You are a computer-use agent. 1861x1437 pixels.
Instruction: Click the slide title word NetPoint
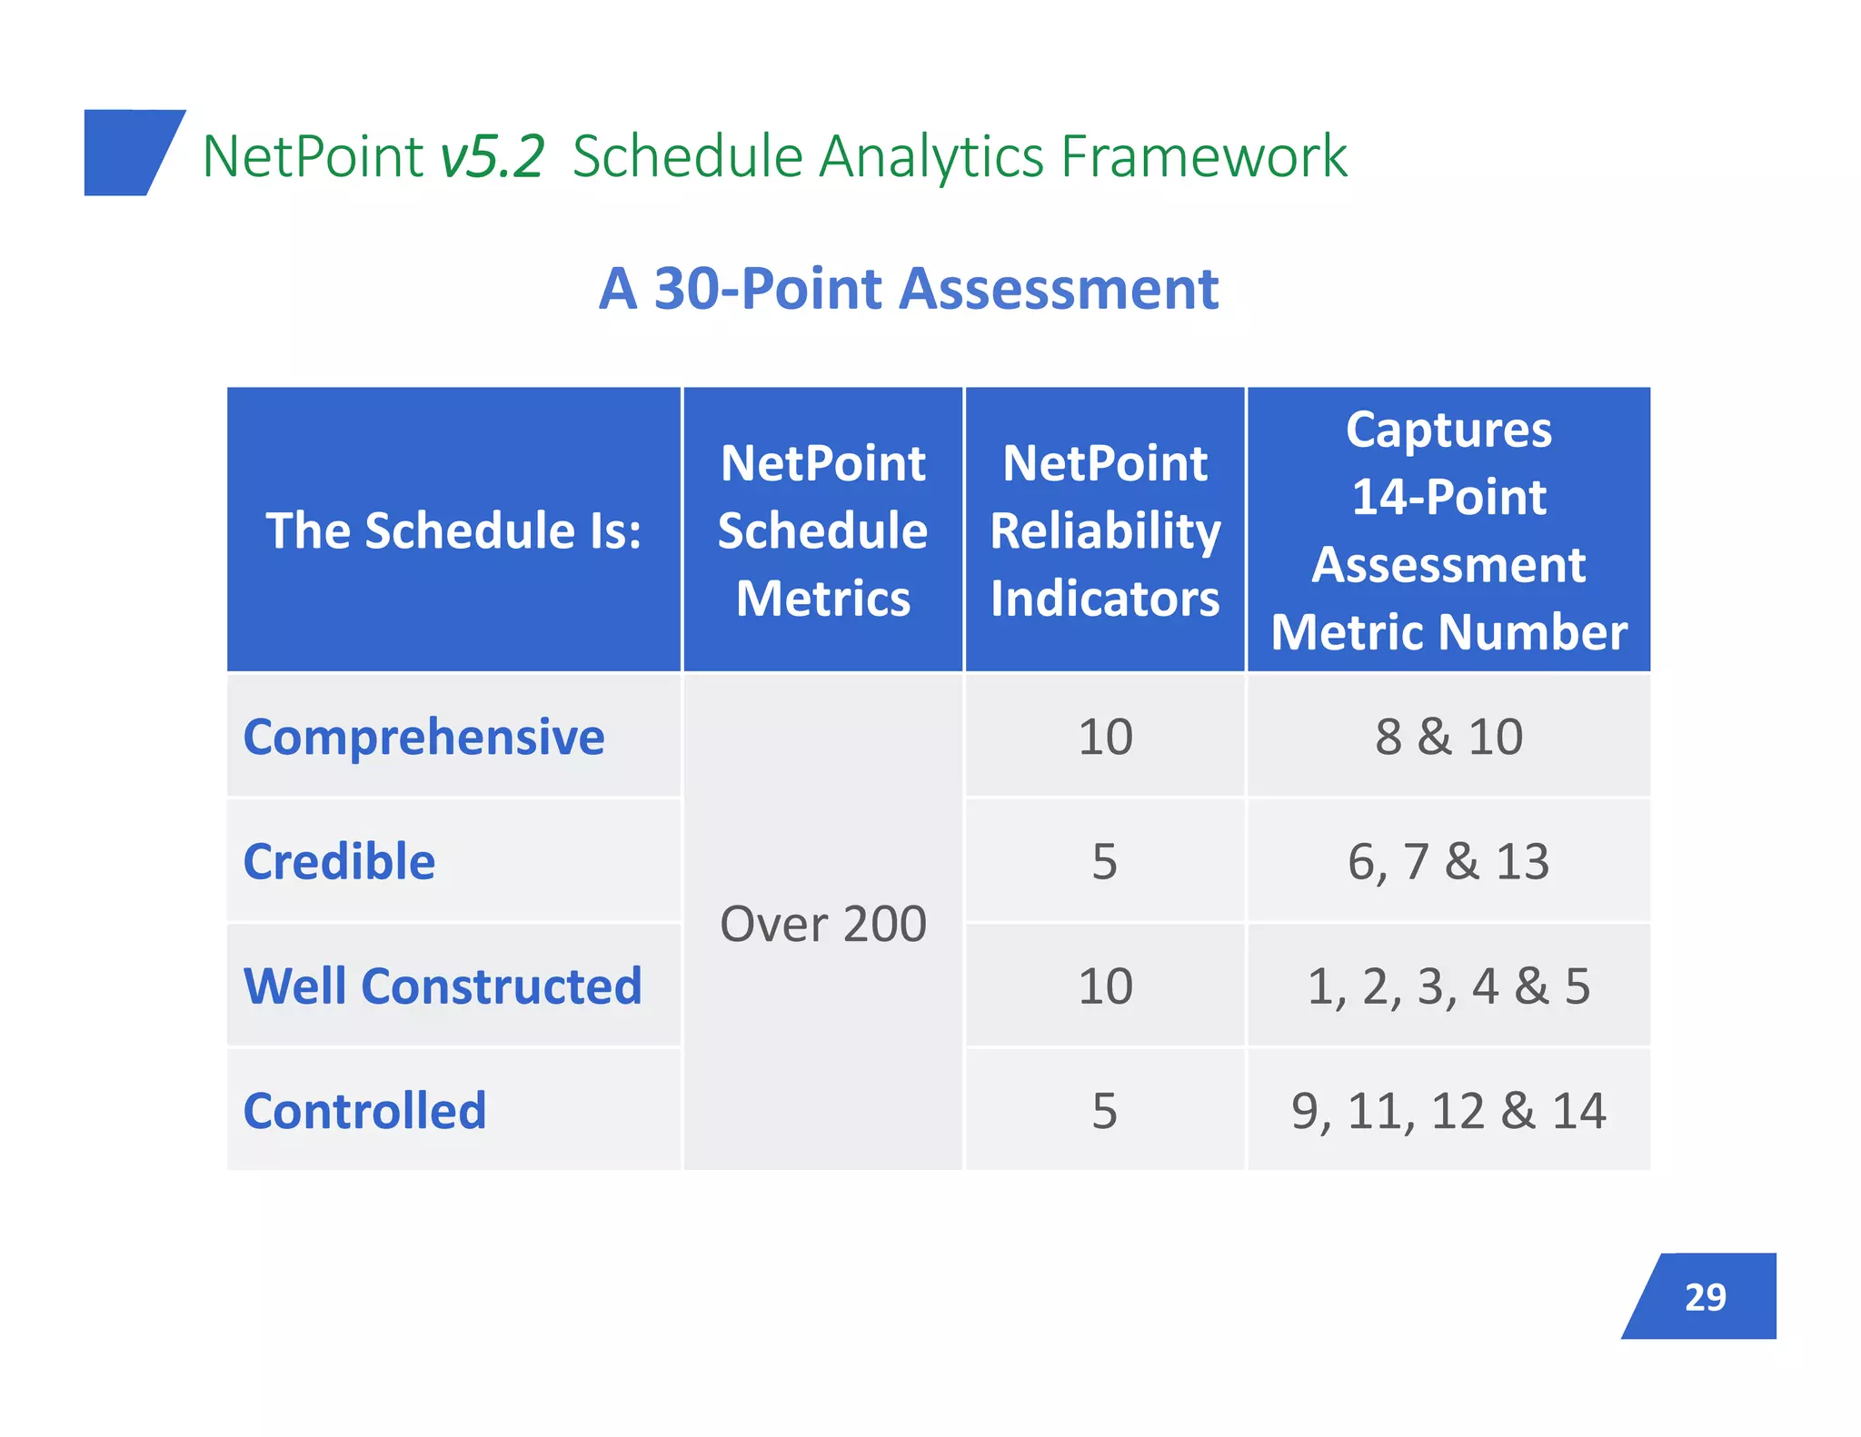point(312,156)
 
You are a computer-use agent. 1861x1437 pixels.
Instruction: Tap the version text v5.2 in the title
point(492,156)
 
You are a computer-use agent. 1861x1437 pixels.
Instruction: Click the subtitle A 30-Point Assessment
point(908,289)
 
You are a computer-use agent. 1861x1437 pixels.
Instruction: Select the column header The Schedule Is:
point(453,530)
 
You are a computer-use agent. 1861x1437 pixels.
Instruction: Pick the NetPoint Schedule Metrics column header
point(822,530)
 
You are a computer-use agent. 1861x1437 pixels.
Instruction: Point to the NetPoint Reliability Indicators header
point(1104,530)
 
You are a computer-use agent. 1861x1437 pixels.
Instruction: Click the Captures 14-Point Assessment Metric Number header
point(1448,530)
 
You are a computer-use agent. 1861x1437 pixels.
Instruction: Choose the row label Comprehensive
point(423,737)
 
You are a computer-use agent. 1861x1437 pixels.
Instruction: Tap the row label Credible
point(339,861)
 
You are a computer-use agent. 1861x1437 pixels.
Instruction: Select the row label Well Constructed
point(443,986)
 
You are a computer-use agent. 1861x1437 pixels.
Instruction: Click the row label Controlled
point(364,1111)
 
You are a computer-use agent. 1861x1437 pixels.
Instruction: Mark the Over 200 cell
point(822,924)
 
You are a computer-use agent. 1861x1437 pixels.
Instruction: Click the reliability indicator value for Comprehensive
point(1105,737)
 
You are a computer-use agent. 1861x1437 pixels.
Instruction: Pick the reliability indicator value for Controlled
point(1104,1111)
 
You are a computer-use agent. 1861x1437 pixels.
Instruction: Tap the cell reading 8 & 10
point(1448,737)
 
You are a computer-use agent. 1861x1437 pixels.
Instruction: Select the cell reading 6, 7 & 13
point(1448,861)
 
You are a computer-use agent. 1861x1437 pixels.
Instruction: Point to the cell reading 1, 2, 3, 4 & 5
point(1448,986)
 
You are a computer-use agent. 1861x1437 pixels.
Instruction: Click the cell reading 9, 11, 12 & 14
point(1448,1111)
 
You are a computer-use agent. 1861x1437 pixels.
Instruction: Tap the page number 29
point(1705,1297)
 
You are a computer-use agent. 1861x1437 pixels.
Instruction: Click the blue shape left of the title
point(127,153)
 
